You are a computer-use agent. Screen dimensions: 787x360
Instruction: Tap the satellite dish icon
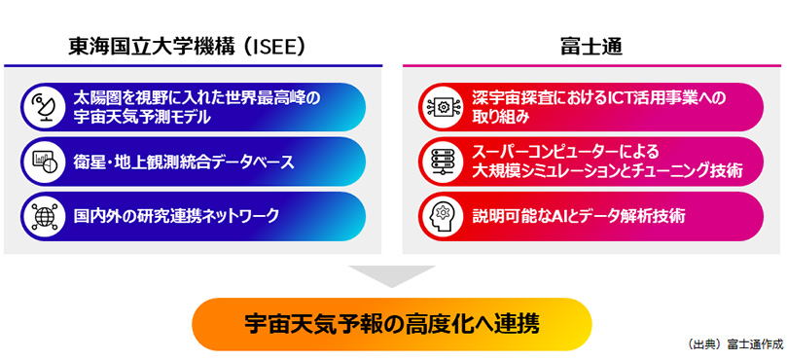(44, 107)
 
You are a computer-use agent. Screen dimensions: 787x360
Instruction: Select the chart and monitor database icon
(44, 162)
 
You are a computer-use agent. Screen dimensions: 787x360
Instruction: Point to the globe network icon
(44, 216)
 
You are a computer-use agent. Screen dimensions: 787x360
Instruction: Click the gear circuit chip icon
(443, 107)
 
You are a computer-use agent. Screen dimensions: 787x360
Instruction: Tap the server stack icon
(443, 162)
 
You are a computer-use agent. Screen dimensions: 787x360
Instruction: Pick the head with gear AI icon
(443, 216)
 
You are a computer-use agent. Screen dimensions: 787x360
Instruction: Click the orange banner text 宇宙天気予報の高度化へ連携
(392, 324)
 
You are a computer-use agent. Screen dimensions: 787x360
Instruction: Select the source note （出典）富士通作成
(735, 344)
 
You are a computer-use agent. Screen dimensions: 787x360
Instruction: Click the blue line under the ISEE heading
(194, 65)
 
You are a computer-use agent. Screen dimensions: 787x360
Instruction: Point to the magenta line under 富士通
(591, 65)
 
